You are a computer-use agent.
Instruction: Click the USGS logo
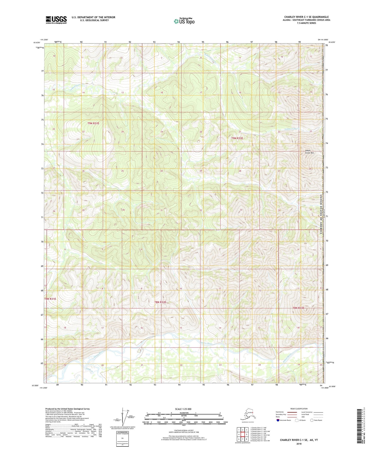coord(56,20)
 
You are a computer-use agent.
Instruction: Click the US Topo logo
coord(184,21)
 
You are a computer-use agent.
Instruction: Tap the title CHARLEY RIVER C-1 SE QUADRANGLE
coord(306,17)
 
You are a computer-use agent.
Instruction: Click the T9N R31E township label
coord(93,123)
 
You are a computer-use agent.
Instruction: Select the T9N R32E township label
coord(237,138)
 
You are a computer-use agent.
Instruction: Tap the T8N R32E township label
coord(160,302)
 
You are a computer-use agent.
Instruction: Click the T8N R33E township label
coord(298,308)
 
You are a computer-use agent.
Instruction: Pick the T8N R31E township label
coord(50,299)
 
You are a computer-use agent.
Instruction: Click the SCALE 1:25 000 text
coord(183,409)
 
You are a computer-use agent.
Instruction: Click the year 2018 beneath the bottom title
coord(299,443)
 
